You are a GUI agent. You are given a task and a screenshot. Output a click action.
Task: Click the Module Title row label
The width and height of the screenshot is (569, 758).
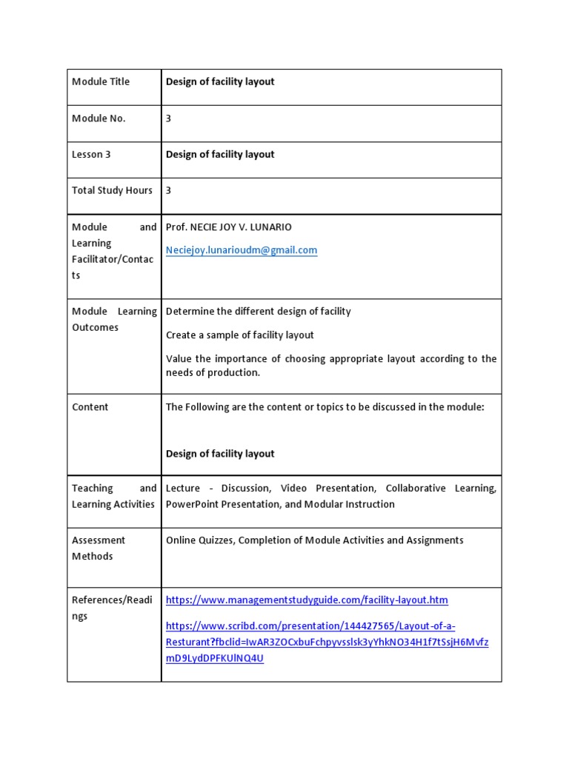click(x=100, y=81)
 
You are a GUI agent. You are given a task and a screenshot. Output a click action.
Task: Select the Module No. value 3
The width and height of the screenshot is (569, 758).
click(x=169, y=118)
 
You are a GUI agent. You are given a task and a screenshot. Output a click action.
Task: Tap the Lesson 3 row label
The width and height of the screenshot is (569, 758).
click(x=91, y=155)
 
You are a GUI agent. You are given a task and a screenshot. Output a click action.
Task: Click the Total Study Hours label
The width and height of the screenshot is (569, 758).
click(x=112, y=190)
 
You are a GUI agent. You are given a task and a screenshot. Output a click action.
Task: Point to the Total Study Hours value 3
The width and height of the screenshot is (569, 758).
click(x=169, y=190)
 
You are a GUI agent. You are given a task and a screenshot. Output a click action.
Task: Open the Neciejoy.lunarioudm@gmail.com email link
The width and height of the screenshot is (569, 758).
click(x=241, y=250)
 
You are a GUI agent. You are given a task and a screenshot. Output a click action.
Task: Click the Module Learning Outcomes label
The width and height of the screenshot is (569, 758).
click(x=113, y=319)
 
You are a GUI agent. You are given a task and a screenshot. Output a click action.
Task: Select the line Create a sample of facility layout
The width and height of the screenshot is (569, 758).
click(x=239, y=335)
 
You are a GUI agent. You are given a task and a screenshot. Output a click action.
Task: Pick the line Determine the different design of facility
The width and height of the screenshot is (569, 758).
click(x=258, y=312)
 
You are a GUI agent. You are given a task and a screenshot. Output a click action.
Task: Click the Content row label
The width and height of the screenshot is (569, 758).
click(x=90, y=407)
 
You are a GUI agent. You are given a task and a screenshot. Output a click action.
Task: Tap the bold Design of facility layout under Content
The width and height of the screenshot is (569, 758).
click(x=220, y=454)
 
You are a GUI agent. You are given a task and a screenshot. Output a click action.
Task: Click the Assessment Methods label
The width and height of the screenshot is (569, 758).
click(x=99, y=548)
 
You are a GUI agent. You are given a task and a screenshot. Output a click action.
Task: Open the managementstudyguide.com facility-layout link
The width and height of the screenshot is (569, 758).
click(x=307, y=600)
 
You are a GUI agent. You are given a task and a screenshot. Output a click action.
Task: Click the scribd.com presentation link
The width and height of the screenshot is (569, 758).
click(x=326, y=642)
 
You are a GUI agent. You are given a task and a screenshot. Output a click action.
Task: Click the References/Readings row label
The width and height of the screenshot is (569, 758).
click(x=112, y=608)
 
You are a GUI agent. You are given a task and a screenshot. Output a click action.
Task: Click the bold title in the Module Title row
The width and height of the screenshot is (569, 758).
click(x=220, y=81)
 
